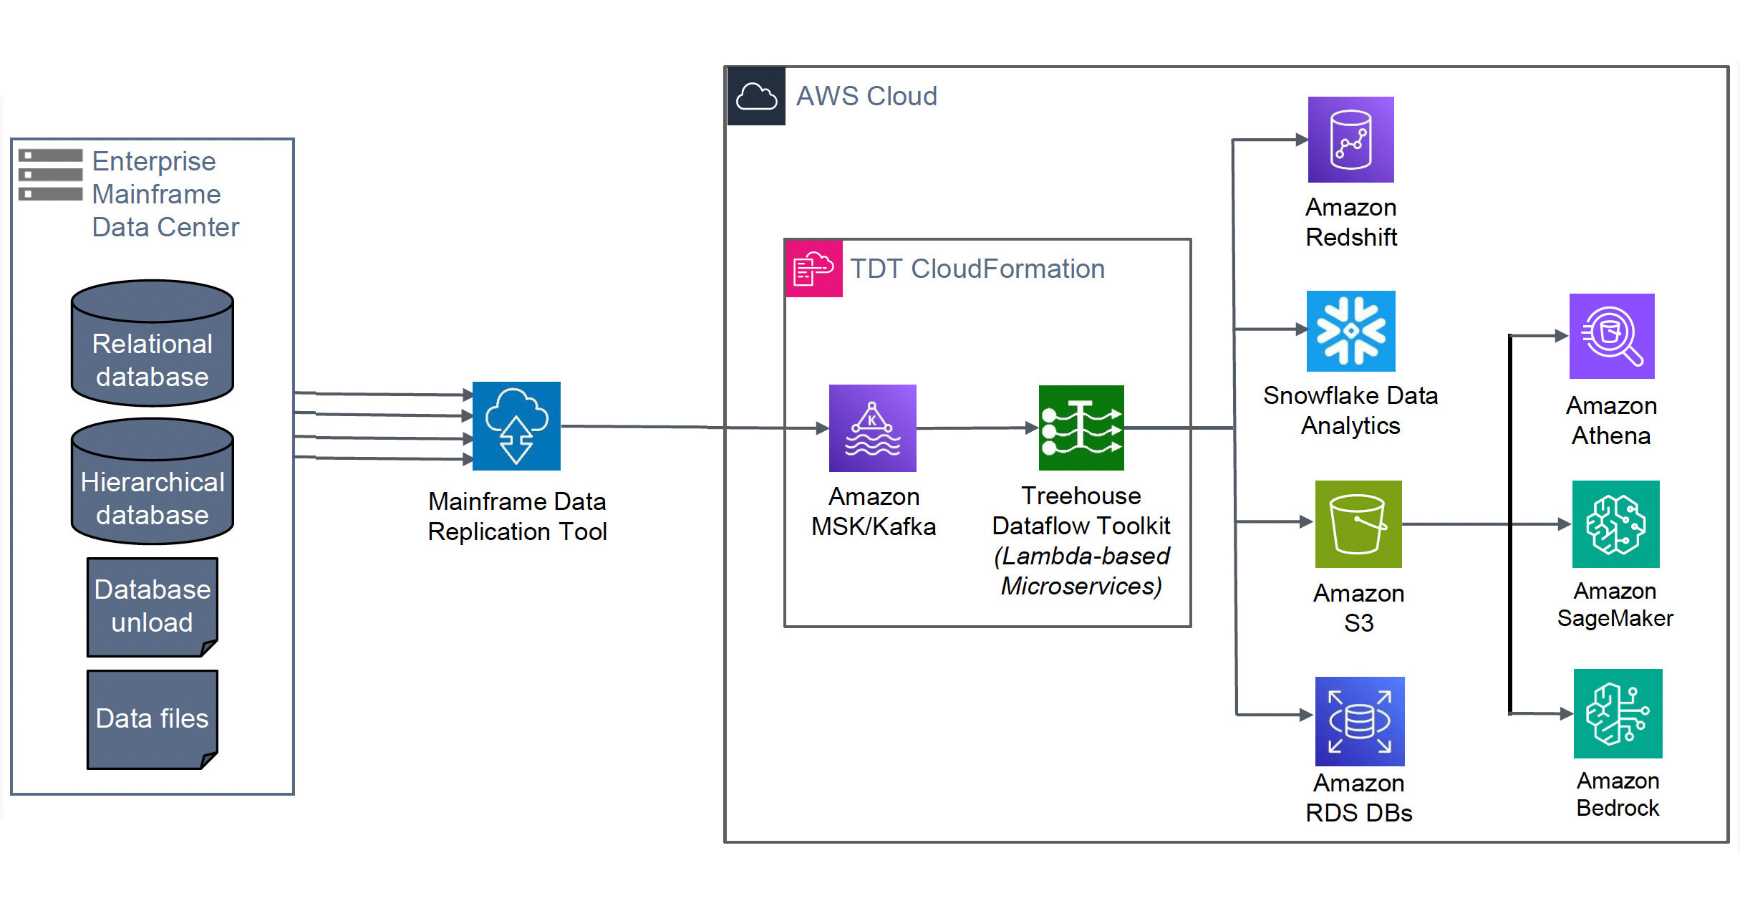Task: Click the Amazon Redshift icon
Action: coord(1350,140)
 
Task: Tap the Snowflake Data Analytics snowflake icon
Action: coord(1350,331)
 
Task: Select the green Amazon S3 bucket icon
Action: coord(1358,524)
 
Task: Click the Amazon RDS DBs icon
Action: coord(1359,721)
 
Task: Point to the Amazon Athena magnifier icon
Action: coord(1611,336)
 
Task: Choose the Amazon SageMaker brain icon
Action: coord(1615,524)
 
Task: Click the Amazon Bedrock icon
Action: coord(1618,713)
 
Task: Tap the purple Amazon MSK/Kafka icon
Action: coord(872,428)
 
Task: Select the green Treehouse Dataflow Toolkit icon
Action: coord(1081,428)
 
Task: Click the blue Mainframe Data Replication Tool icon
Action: coord(516,426)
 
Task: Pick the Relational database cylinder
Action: coord(153,344)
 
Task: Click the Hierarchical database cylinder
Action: coord(153,482)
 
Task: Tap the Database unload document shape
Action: coord(153,607)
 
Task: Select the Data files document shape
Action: coord(153,719)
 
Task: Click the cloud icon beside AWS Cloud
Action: coord(756,96)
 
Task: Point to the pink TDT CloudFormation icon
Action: coord(813,269)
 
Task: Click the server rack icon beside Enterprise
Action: coord(50,175)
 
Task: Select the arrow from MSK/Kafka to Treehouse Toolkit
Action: coord(977,428)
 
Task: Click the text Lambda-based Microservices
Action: coord(1081,572)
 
